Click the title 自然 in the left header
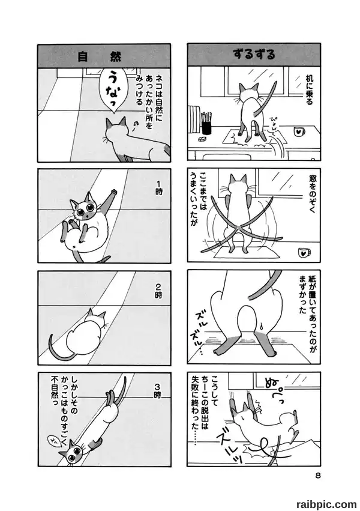[99, 56]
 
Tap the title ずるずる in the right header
[254, 55]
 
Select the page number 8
[317, 476]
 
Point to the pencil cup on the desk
[206, 123]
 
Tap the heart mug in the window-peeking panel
[304, 252]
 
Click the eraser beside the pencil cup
[202, 139]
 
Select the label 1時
[158, 190]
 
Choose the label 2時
[158, 291]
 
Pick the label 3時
[157, 390]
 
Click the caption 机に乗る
[308, 89]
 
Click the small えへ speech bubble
[53, 440]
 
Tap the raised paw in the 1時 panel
[113, 191]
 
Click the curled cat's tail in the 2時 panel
[57, 348]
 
